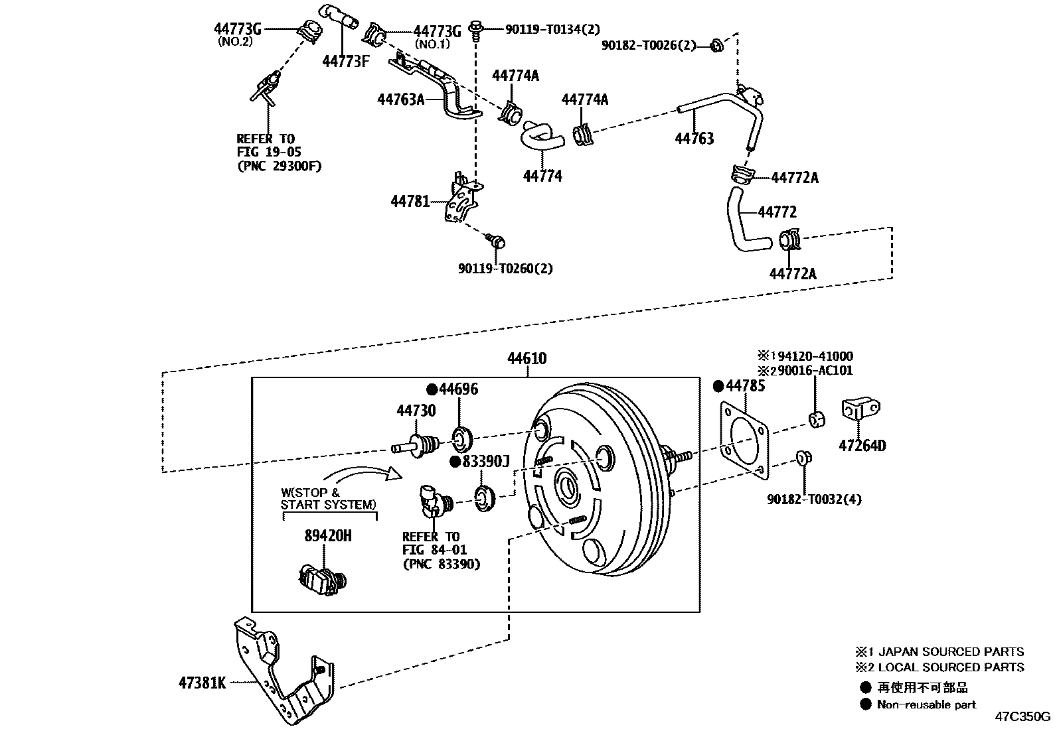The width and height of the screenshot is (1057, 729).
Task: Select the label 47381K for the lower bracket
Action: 202,683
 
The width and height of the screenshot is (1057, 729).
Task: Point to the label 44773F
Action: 345,62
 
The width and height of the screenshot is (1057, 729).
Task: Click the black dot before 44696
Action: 432,389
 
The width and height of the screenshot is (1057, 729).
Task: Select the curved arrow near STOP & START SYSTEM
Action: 362,474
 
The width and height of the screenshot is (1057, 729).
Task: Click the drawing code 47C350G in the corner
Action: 1022,717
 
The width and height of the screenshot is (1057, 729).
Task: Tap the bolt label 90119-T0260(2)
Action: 505,269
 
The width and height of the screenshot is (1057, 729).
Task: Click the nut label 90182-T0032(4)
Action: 814,499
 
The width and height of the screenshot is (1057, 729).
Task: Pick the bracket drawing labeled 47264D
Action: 860,410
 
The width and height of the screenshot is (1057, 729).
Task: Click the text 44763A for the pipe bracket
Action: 400,99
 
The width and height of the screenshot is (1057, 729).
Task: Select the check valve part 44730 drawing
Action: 416,443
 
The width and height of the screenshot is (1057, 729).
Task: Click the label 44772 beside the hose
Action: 777,212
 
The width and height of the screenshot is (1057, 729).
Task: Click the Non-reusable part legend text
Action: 926,704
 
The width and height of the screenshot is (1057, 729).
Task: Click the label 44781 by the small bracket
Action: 410,201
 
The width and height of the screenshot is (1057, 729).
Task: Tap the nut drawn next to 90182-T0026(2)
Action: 716,46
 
